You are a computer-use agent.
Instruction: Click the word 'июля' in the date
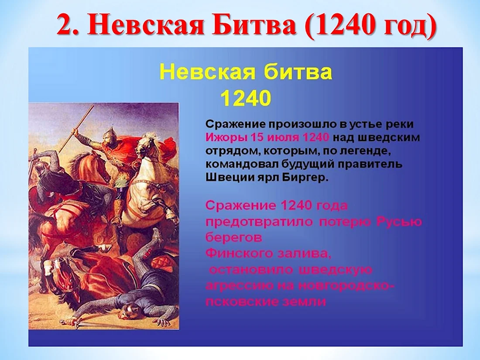(x=281, y=137)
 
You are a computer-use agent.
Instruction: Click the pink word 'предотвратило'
(x=259, y=222)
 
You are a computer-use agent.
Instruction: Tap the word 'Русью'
(x=399, y=221)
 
